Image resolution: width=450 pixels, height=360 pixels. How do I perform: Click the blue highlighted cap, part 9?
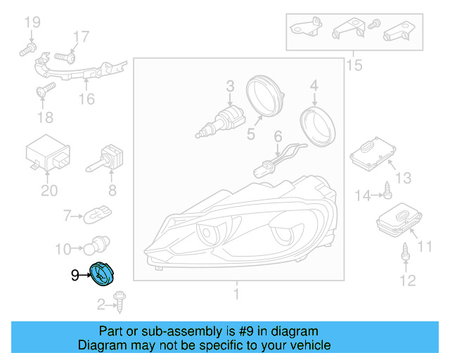[102, 274]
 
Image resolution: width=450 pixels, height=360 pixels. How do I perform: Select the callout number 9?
[75, 276]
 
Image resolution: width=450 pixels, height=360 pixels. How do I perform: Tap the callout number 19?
[32, 22]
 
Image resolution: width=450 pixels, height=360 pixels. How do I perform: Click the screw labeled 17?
[65, 58]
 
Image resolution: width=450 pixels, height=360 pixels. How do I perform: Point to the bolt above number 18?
[46, 89]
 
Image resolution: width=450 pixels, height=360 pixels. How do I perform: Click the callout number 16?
[86, 99]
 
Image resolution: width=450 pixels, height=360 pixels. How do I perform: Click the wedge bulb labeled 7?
[97, 214]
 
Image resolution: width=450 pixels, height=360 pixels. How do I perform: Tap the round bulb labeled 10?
[96, 245]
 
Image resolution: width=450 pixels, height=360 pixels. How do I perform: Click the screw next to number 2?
[120, 302]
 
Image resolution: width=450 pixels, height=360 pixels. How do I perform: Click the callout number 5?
[251, 134]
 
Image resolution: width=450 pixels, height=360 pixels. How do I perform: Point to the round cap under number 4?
[317, 127]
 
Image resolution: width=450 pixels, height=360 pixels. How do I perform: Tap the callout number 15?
[354, 65]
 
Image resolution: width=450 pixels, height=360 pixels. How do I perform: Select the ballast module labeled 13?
[373, 154]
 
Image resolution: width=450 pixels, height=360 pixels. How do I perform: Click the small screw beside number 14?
[387, 190]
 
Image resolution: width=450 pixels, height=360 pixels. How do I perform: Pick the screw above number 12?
[405, 252]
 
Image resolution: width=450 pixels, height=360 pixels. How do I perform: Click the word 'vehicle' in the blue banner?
[311, 345]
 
